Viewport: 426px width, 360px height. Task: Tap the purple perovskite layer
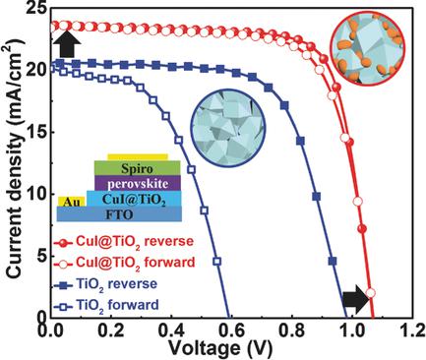tap(138, 183)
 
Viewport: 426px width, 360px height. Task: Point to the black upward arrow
tap(64, 42)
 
